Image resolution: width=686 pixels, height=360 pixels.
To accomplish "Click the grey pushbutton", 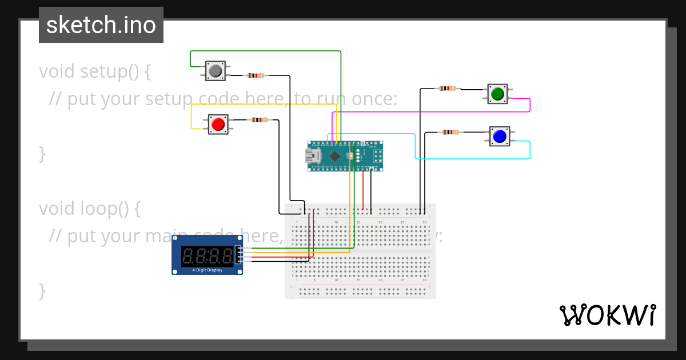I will click(216, 71).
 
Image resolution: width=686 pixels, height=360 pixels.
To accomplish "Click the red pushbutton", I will click(217, 124).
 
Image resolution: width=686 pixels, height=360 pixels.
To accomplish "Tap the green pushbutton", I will click(497, 93).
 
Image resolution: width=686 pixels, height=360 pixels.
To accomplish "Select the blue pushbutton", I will click(499, 136).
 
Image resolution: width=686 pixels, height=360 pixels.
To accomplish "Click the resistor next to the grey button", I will click(256, 75).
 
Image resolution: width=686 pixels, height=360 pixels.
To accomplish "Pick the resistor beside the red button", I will click(259, 120).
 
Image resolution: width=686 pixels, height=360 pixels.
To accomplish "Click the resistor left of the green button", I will click(448, 89).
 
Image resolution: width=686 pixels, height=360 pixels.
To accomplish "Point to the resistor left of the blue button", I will click(450, 133).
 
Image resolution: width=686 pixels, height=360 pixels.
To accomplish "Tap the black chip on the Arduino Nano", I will click(335, 156).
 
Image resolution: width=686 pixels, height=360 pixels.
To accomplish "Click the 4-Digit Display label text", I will click(207, 270).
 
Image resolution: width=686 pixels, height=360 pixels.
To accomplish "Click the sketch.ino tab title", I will click(101, 25).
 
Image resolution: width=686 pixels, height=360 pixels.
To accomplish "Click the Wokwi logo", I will click(607, 315).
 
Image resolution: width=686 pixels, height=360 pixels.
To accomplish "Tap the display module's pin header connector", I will click(238, 255).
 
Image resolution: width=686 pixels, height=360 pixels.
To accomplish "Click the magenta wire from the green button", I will click(530, 105).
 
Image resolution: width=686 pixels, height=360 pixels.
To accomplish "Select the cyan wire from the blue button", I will click(530, 150).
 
